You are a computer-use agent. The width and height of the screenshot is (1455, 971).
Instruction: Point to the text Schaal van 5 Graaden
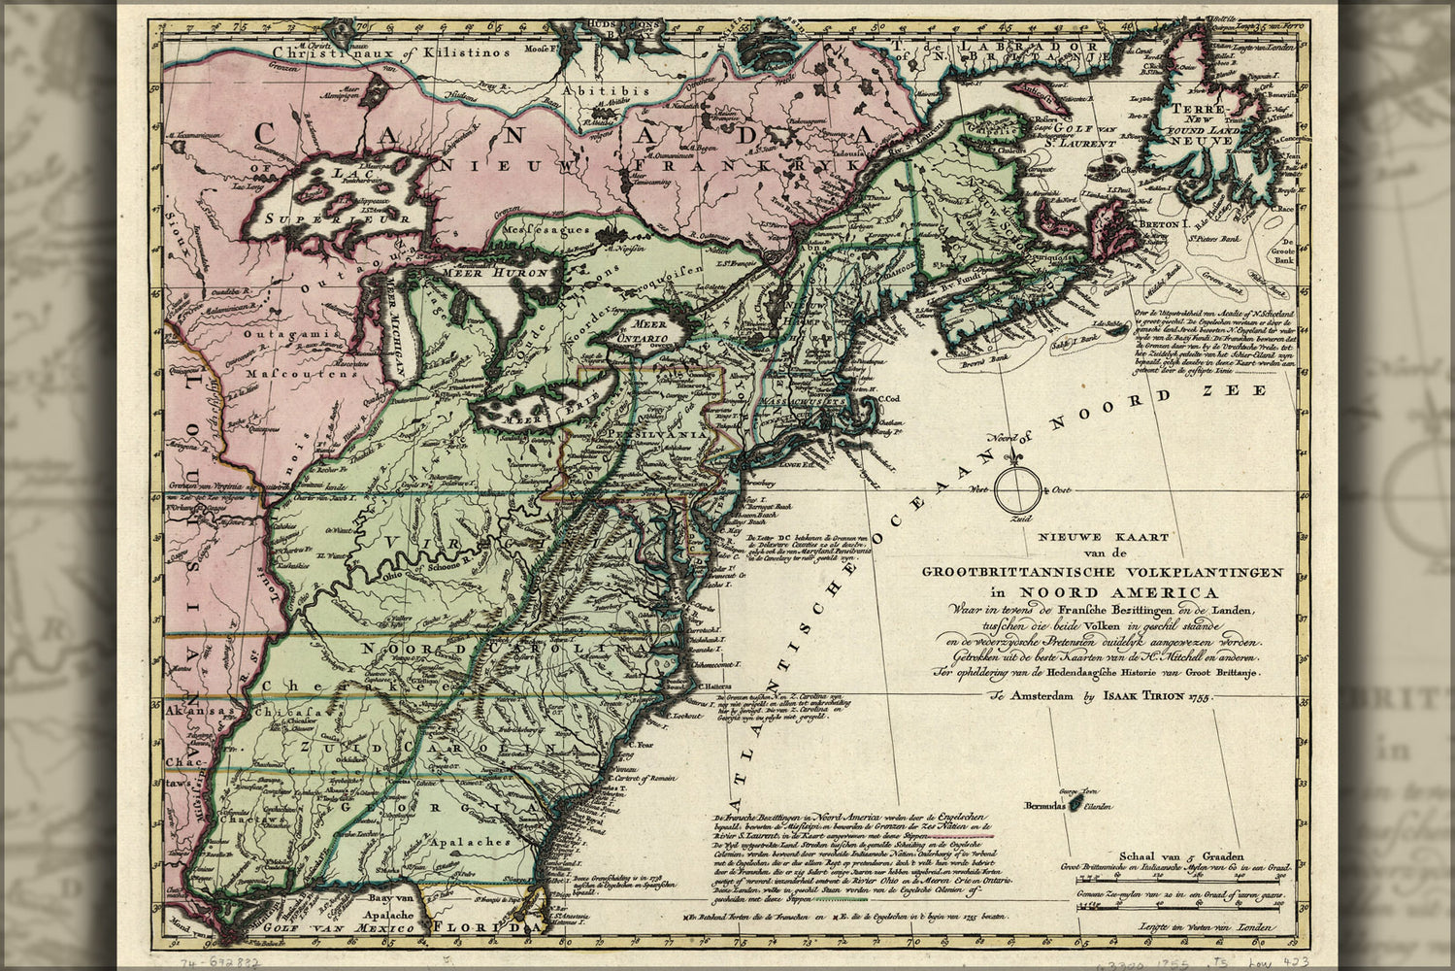[x=1181, y=856]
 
